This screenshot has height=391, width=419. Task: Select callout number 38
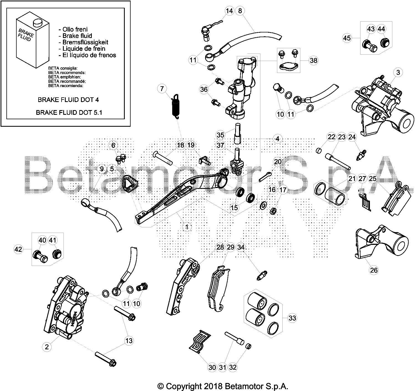[x=314, y=60]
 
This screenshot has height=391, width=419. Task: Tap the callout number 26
[x=374, y=270]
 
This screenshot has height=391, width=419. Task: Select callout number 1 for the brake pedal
[x=187, y=227]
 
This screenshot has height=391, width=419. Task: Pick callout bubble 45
[x=347, y=38]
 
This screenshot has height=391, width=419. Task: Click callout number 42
[x=18, y=249]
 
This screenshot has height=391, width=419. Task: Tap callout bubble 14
[x=229, y=11]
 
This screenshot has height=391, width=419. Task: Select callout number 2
[x=47, y=347]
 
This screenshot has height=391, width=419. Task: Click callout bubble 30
[x=212, y=368]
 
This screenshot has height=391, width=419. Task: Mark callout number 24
[x=352, y=137]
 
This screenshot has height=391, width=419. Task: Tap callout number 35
[x=220, y=135]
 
